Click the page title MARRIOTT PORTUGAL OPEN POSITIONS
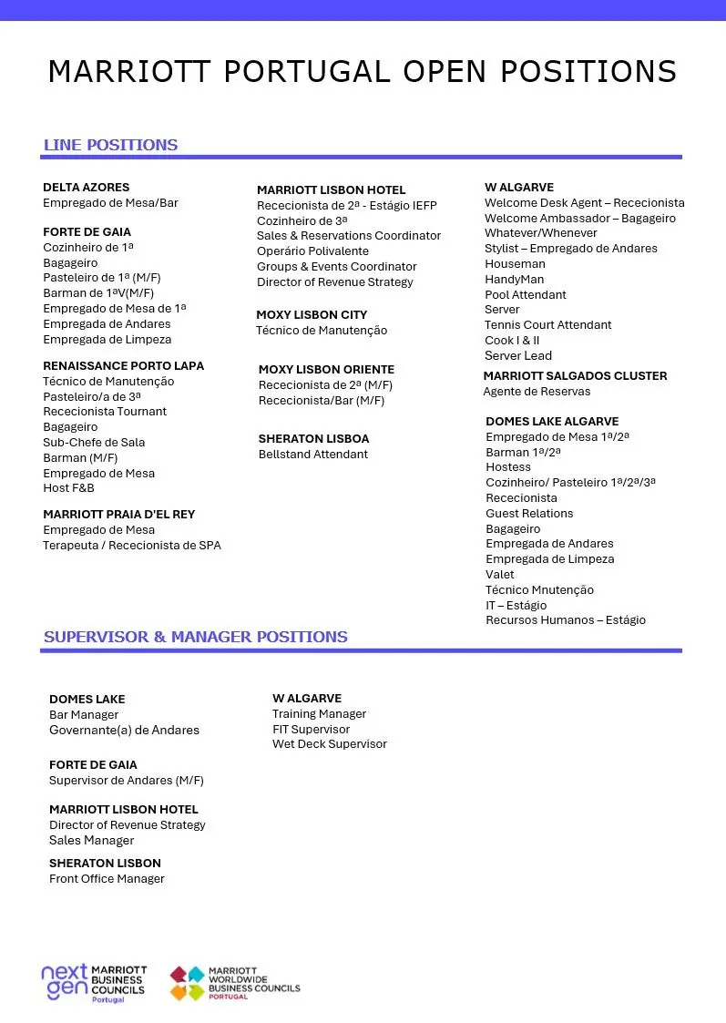[363, 71]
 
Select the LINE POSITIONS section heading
[110, 145]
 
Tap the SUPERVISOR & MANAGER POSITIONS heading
[195, 637]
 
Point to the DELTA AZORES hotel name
[87, 187]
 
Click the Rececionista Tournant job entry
[105, 412]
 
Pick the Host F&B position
[68, 488]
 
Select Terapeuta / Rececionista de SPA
[132, 546]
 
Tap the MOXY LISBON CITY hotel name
[312, 315]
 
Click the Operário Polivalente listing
[312, 251]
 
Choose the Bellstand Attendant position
[313, 455]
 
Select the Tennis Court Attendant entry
[547, 325]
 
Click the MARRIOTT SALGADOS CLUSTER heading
[575, 376]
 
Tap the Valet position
[499, 575]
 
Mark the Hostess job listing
[507, 467]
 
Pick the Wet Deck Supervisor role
[329, 744]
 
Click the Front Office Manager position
[107, 879]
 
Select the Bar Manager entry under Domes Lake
[84, 715]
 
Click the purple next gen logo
[64, 982]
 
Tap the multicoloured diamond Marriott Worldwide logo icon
[188, 984]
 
